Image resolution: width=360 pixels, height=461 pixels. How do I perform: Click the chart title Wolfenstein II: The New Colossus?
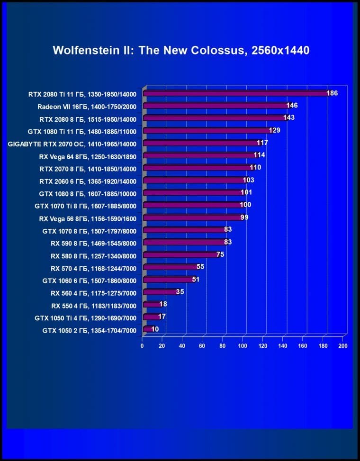(x=181, y=50)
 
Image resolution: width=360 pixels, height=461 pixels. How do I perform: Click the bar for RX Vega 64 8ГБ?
(x=198, y=155)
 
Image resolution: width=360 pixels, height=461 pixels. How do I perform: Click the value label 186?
(x=332, y=93)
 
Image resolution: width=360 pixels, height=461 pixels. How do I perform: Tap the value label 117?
(x=262, y=143)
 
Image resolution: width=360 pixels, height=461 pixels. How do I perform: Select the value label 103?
(x=248, y=180)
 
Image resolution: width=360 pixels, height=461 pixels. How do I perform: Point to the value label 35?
(x=180, y=292)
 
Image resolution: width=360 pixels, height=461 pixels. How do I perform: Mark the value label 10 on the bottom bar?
(x=155, y=329)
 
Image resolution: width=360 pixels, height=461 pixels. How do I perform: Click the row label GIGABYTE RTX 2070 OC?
(x=72, y=144)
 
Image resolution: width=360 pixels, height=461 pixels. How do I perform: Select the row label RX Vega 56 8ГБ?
(x=88, y=218)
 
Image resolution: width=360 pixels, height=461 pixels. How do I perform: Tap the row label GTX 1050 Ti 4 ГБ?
(x=85, y=317)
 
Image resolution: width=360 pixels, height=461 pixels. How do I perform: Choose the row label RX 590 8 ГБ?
(x=93, y=243)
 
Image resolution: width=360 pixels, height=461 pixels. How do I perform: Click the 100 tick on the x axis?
(x=243, y=346)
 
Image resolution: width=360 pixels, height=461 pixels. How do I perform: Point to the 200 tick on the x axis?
(x=343, y=346)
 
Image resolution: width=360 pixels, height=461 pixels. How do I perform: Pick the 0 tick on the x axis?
(x=142, y=346)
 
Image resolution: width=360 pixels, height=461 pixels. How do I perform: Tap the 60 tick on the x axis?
(x=202, y=346)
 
